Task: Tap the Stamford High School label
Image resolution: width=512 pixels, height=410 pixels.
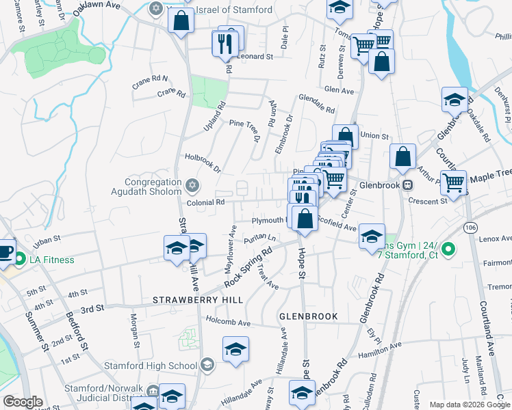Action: point(151,366)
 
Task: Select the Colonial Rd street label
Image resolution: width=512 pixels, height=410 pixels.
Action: point(205,202)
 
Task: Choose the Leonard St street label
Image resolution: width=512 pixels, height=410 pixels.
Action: point(255,57)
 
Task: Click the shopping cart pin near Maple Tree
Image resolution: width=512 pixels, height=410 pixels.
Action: point(453,182)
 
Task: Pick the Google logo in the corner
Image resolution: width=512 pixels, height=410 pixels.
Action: point(23,402)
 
